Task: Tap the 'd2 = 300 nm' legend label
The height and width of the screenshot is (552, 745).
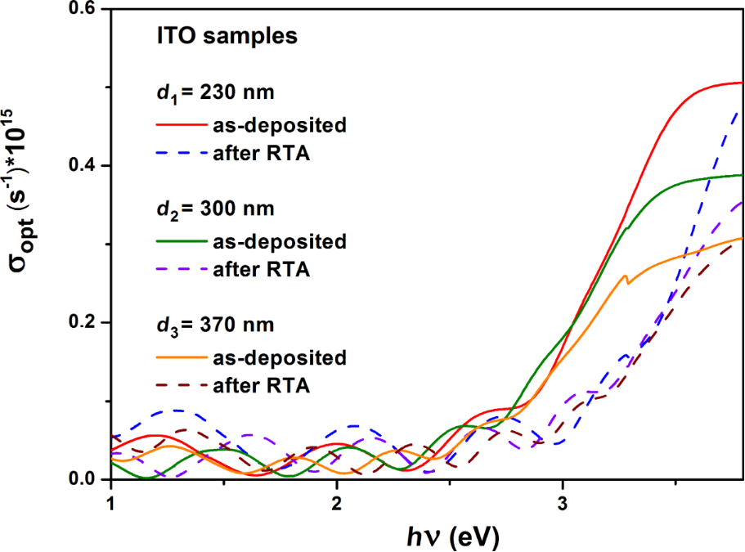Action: pyautogui.click(x=215, y=209)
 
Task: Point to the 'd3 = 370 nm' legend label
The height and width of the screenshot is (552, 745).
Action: pyautogui.click(x=215, y=325)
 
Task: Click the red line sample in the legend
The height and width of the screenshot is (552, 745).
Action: pyautogui.click(x=177, y=125)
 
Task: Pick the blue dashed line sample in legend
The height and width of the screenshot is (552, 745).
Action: pyautogui.click(x=177, y=154)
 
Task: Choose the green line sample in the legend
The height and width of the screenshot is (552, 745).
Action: pyautogui.click(x=177, y=241)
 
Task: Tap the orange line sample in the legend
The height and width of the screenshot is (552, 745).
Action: pyautogui.click(x=177, y=357)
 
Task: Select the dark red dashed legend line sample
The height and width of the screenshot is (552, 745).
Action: pyautogui.click(x=177, y=385)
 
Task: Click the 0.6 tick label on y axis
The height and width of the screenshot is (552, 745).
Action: pyautogui.click(x=84, y=9)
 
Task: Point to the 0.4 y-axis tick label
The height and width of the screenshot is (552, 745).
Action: pyautogui.click(x=84, y=166)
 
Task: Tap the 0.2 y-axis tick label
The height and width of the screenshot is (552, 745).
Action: pyautogui.click(x=84, y=323)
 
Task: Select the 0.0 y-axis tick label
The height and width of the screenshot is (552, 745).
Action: pyautogui.click(x=84, y=479)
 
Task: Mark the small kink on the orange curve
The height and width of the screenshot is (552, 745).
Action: pyautogui.click(x=626, y=278)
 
